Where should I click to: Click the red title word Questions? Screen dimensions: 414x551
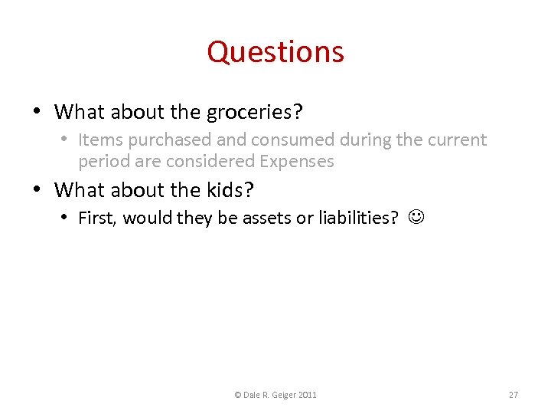click(x=275, y=52)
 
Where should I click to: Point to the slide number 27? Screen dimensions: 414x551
click(x=514, y=395)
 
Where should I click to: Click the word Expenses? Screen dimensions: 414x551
click(x=297, y=161)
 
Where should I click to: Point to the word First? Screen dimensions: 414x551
click(x=97, y=218)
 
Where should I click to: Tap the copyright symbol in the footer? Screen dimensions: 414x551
click(x=237, y=395)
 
